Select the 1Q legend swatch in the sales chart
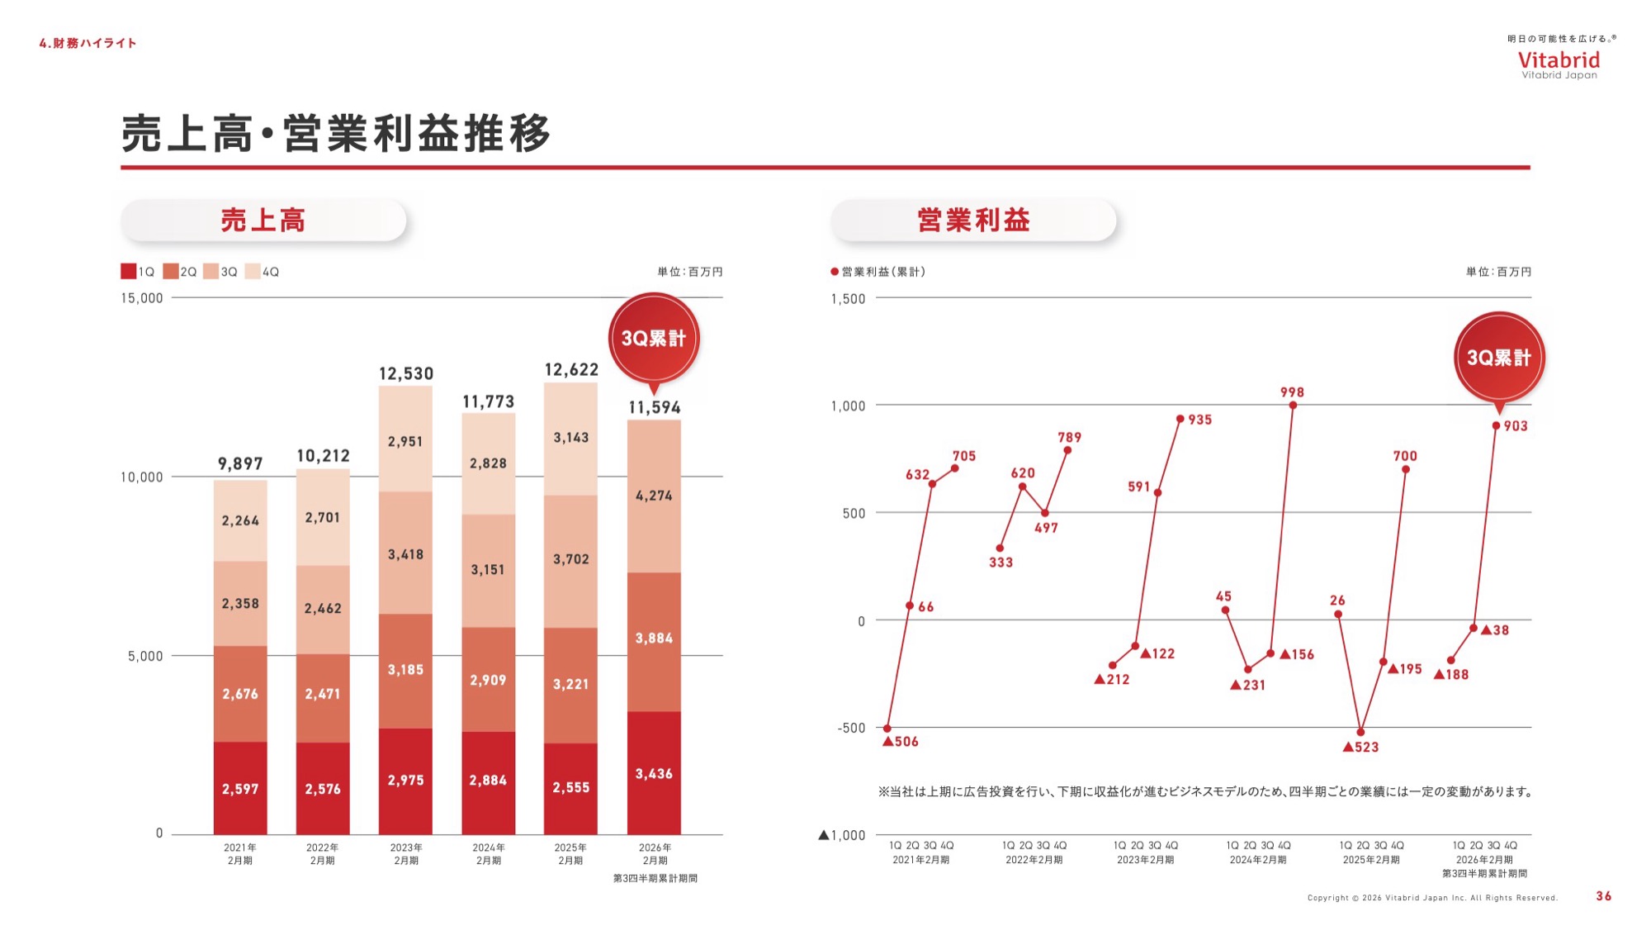coord(129,271)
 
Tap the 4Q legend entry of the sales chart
coord(263,271)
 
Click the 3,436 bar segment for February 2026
coord(654,773)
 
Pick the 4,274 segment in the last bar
coord(654,496)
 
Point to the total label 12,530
coord(405,373)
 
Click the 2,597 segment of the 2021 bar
coord(240,788)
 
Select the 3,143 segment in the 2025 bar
coord(570,438)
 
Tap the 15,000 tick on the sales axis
coord(142,298)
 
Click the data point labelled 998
coord(1293,405)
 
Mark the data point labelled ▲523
coord(1360,732)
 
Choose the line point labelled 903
coord(1496,425)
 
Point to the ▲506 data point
coord(887,729)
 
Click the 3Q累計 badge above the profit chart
coord(1498,358)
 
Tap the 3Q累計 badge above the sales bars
coord(654,338)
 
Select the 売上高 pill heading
coord(263,221)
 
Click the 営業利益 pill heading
coord(973,221)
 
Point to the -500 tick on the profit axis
coord(851,728)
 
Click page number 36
coord(1603,896)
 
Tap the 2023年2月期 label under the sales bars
coord(405,854)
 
